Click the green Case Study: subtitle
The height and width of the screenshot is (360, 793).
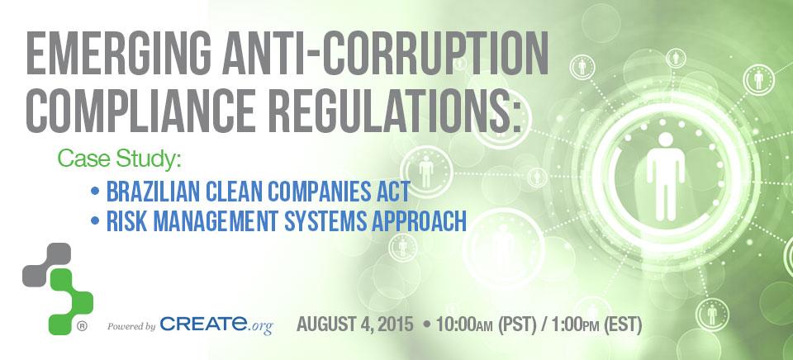pyautogui.click(x=119, y=159)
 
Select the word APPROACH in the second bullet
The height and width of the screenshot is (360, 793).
pyautogui.click(x=419, y=222)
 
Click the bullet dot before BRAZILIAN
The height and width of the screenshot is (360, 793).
pyautogui.click(x=94, y=192)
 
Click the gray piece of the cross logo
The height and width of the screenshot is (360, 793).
pyautogui.click(x=46, y=264)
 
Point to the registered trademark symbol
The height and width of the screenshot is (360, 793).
pyautogui.click(x=82, y=327)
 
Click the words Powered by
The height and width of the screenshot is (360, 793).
pyautogui.click(x=131, y=327)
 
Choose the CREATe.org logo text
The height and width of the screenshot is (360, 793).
pyautogui.click(x=216, y=324)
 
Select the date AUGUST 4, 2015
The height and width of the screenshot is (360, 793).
pyautogui.click(x=355, y=324)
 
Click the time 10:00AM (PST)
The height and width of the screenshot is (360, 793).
pyautogui.click(x=486, y=324)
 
